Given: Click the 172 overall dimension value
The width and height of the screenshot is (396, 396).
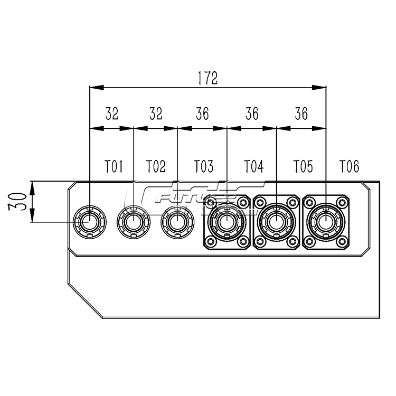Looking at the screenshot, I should [x=208, y=78].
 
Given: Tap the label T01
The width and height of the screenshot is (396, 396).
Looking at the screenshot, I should [x=114, y=167].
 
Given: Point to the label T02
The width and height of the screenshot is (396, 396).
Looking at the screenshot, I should [x=156, y=167].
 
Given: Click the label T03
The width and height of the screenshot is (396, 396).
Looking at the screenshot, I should [x=203, y=167].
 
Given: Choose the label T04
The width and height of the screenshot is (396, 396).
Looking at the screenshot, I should [x=253, y=167].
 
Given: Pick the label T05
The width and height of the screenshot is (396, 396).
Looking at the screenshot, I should [x=303, y=167].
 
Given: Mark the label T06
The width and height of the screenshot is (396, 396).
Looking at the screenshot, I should [x=349, y=167].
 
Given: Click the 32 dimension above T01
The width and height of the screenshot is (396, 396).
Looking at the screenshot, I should [x=111, y=114].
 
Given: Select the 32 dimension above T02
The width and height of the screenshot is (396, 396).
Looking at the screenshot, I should [x=156, y=114].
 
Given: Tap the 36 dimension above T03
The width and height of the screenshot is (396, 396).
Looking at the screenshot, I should [x=202, y=114].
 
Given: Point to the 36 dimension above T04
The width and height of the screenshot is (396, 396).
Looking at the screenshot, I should [x=252, y=114].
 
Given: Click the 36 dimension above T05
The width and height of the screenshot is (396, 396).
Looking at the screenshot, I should [x=301, y=114].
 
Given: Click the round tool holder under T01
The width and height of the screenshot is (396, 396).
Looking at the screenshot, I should [x=90, y=222].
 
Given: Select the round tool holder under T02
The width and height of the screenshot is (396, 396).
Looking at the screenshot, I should [x=134, y=222].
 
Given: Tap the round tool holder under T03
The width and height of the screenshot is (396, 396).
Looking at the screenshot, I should [x=177, y=222].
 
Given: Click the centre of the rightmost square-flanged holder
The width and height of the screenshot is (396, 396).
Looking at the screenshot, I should [x=326, y=222].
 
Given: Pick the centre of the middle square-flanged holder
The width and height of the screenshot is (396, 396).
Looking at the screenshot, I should [x=277, y=222].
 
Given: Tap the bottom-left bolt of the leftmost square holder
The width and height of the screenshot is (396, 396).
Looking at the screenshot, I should [x=211, y=242].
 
